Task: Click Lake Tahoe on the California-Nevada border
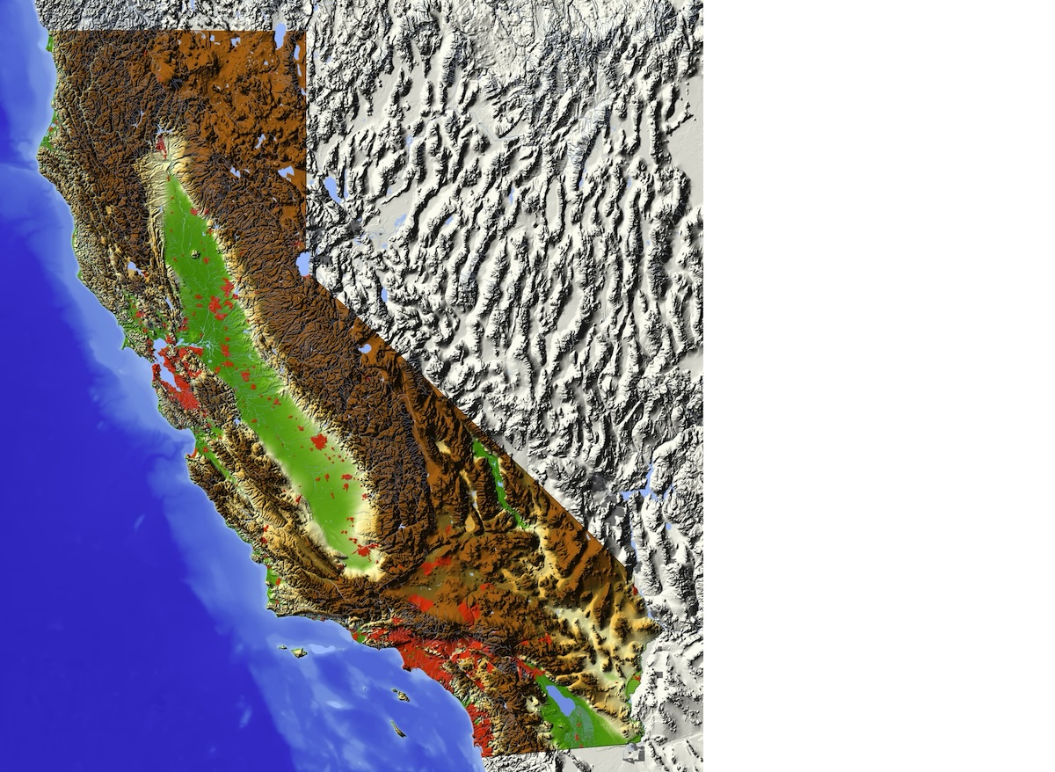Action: pyautogui.click(x=303, y=263)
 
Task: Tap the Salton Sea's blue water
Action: pyautogui.click(x=562, y=701)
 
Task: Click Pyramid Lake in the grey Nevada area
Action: pyautogui.click(x=333, y=189)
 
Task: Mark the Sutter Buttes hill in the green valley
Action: pyautogui.click(x=195, y=255)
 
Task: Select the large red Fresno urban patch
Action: pyautogui.click(x=318, y=441)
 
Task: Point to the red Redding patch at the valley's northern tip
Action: pyautogui.click(x=162, y=143)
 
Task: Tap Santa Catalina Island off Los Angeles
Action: pyautogui.click(x=401, y=696)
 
